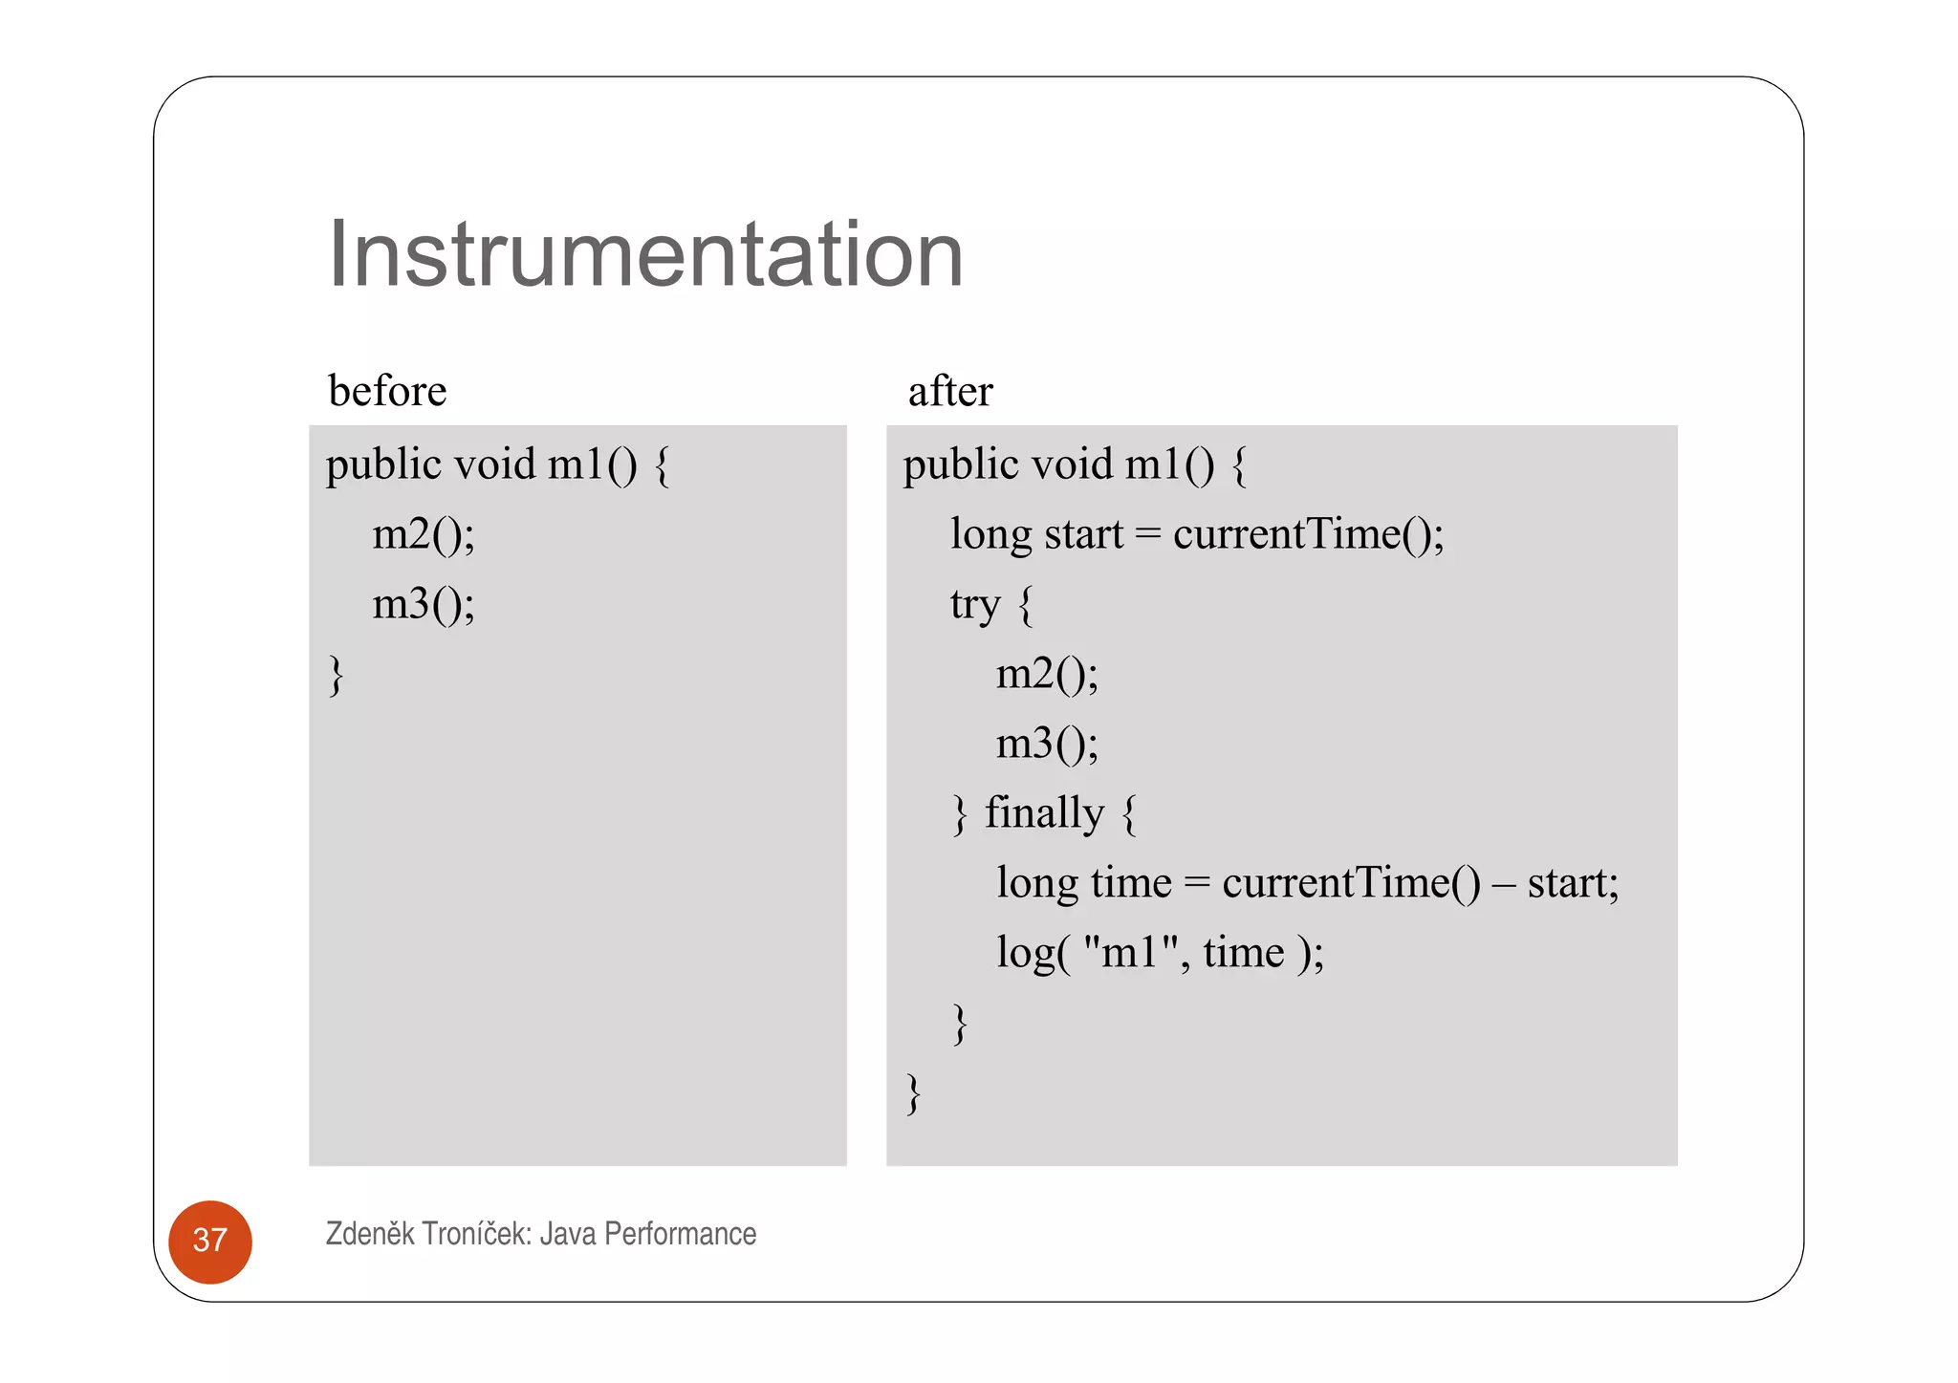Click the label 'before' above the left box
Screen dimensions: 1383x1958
click(387, 391)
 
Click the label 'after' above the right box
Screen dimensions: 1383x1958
click(950, 391)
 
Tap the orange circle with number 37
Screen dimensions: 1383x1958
click(210, 1241)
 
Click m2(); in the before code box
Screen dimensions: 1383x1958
click(424, 533)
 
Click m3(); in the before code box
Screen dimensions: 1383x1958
click(424, 603)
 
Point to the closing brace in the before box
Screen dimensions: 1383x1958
click(336, 675)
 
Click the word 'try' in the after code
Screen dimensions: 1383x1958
click(974, 604)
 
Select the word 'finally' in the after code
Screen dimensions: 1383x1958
click(1044, 812)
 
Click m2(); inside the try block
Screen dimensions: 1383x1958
click(1047, 674)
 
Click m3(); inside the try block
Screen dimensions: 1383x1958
click(1047, 744)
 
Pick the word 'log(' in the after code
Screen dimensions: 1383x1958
click(1033, 952)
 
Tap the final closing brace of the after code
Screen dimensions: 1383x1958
click(914, 1092)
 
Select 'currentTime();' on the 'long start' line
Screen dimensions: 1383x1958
click(1308, 533)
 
